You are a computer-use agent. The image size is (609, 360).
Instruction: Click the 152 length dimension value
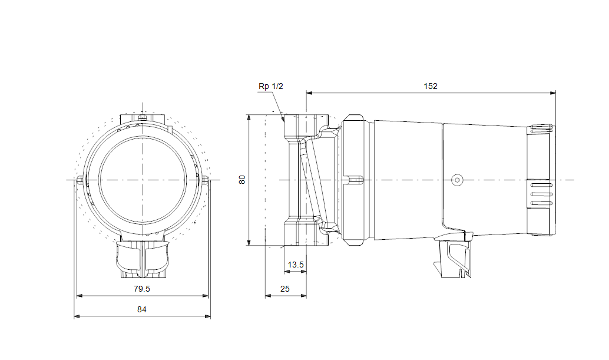[x=431, y=86]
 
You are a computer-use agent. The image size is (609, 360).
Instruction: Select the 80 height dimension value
[x=242, y=180]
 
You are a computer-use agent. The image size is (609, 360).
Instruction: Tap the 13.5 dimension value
[x=295, y=265]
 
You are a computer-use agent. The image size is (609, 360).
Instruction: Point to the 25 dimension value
[x=285, y=289]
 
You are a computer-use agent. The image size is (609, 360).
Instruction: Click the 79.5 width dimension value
[x=142, y=289]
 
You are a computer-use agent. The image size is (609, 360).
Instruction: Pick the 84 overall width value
[x=142, y=309]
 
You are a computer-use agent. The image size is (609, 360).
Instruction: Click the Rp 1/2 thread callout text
[x=271, y=86]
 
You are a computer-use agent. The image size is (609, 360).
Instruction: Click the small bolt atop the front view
[x=141, y=117]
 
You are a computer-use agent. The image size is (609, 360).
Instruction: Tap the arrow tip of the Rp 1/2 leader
[x=284, y=118]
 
